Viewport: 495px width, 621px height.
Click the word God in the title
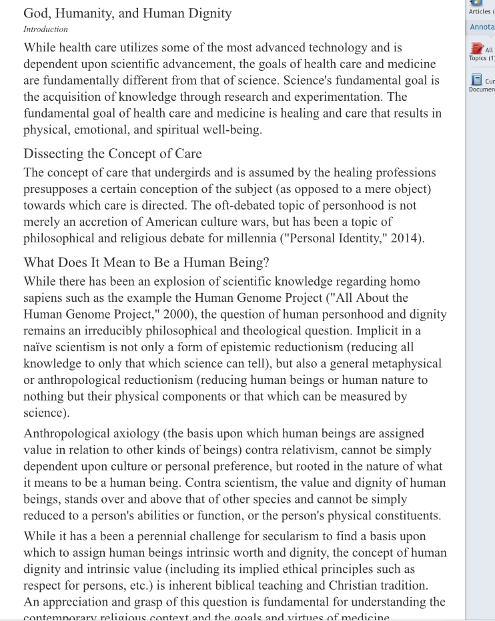coord(39,13)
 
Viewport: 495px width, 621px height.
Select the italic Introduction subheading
coord(45,29)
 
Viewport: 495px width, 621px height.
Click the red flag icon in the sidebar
coord(476,49)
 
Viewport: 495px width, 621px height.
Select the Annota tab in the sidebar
coord(482,27)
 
